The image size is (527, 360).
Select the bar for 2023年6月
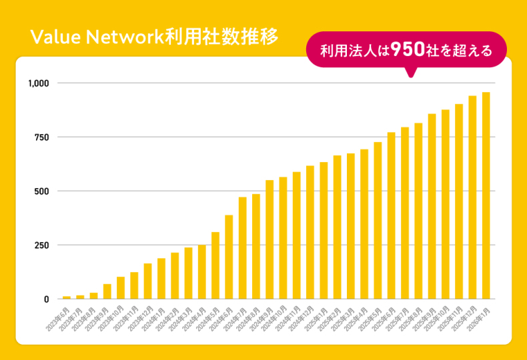[67, 297]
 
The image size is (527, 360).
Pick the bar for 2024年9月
[270, 239]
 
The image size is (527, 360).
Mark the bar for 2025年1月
[324, 230]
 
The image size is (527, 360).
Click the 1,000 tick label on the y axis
[39, 83]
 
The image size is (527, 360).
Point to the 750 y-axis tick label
[42, 137]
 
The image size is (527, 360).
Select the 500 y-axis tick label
[42, 191]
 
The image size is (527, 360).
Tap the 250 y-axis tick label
[42, 245]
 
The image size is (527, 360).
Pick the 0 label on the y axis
[47, 299]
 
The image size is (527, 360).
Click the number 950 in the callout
[406, 49]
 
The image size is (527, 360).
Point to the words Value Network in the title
[93, 37]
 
